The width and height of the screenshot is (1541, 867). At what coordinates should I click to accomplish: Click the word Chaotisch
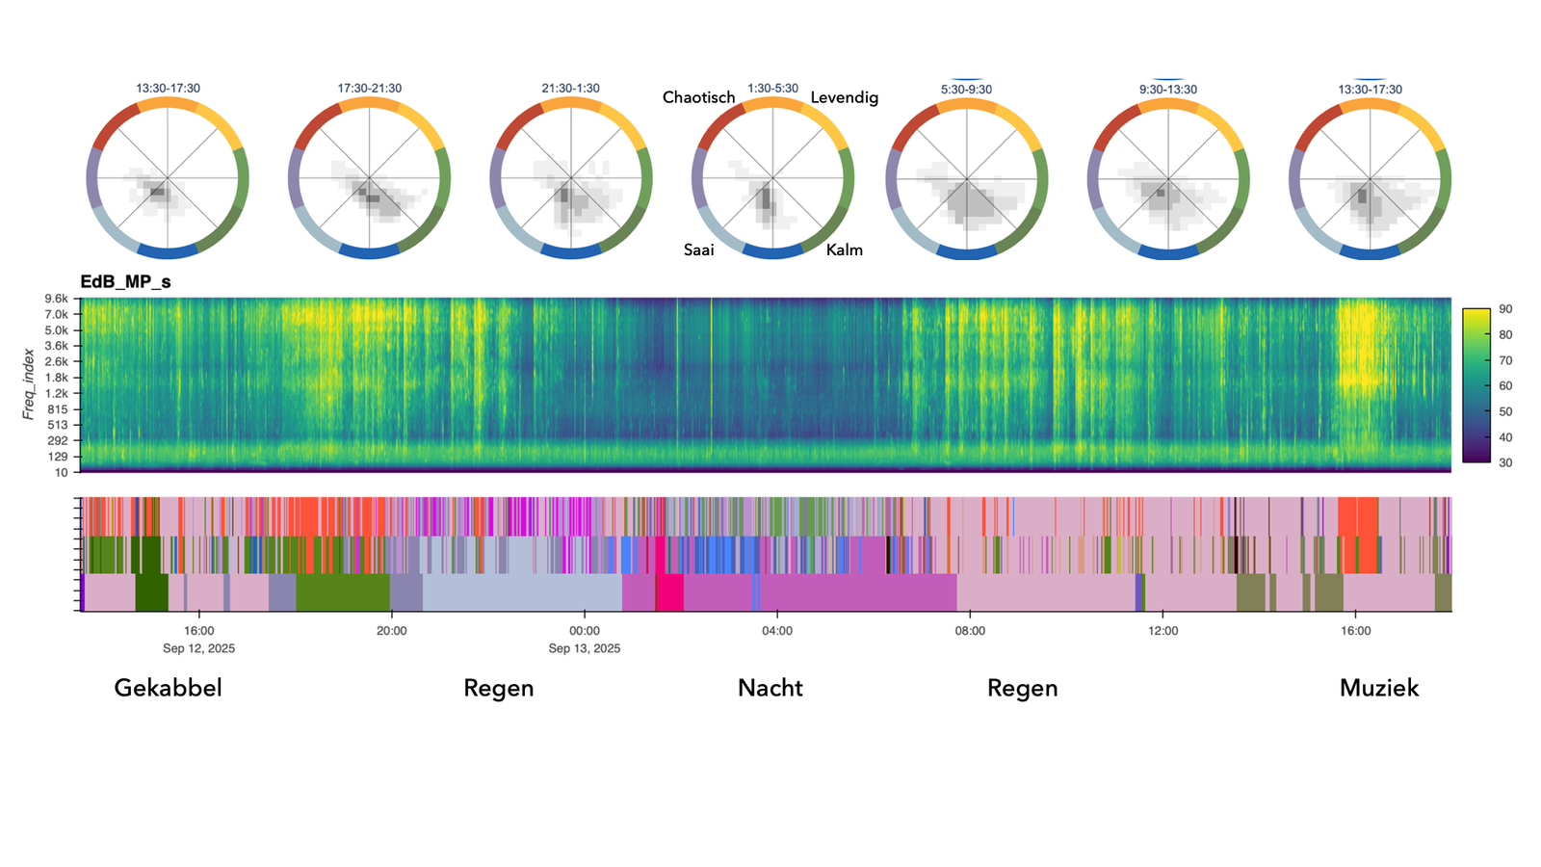point(698,97)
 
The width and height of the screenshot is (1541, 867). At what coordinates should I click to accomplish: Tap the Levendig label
point(844,97)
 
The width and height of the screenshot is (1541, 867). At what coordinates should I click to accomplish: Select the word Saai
point(698,250)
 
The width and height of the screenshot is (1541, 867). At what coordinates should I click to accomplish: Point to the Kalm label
point(845,250)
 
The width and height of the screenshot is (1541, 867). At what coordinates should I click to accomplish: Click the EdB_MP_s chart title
point(125,282)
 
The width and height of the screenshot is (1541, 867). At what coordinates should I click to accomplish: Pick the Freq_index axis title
point(29,383)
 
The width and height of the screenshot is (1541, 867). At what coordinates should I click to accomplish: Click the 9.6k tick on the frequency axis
point(55,299)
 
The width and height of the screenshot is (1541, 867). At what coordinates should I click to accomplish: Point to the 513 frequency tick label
point(58,425)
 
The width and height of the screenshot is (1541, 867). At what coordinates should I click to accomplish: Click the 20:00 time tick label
point(391,631)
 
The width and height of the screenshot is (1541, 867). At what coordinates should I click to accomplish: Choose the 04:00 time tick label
point(777,631)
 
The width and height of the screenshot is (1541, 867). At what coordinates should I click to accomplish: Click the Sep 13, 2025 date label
point(585,648)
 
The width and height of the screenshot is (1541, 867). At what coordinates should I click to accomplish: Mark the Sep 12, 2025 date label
point(198,648)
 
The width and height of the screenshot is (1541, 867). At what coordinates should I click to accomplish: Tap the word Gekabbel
point(168,688)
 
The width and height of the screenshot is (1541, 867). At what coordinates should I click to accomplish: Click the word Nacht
point(770,688)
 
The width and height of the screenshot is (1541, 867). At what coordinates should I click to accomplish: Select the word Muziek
point(1379,688)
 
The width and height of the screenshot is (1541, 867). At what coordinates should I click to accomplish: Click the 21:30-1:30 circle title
point(570,89)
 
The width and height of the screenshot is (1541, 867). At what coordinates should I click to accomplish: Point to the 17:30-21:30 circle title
point(370,89)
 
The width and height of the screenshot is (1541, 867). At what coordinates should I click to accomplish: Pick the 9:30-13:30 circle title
point(1167,90)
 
